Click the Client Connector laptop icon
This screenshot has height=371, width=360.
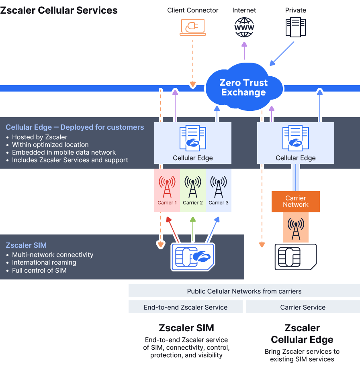click(192, 26)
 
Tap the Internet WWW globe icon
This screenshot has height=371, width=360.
click(244, 27)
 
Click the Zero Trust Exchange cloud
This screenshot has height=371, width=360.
click(243, 88)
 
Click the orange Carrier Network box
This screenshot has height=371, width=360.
click(296, 202)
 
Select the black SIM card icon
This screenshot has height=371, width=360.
click(296, 257)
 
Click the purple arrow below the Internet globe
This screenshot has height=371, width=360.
click(244, 51)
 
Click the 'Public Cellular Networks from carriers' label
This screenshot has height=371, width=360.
click(244, 291)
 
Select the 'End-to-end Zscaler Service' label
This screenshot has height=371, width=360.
click(186, 307)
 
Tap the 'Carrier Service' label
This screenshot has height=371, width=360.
click(303, 307)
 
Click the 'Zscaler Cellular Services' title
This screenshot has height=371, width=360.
click(59, 10)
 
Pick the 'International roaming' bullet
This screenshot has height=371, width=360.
click(44, 263)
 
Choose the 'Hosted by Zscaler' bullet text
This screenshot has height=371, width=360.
click(40, 137)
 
